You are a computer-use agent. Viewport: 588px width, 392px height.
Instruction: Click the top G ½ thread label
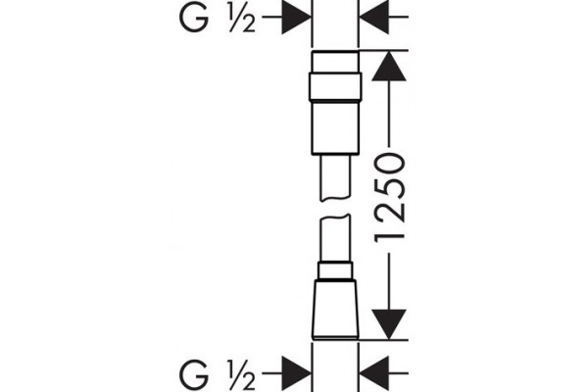coord(218,19)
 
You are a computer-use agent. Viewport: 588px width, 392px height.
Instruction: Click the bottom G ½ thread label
coord(218,375)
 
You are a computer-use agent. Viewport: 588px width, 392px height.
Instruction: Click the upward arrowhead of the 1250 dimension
coord(389,66)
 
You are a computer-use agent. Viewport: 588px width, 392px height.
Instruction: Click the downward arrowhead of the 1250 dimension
coord(389,324)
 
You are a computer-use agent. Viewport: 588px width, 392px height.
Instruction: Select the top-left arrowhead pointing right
coord(297,17)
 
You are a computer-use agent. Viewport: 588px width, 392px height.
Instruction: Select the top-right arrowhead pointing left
coord(374,17)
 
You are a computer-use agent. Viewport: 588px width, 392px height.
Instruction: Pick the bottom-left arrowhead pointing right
coord(297,373)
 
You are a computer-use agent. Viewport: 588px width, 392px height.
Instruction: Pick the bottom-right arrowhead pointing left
coord(374,373)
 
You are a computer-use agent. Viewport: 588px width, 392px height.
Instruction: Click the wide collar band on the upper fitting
coord(335,86)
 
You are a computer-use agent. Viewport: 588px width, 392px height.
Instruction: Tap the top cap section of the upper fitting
coord(335,61)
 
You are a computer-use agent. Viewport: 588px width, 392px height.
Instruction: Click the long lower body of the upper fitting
coord(335,127)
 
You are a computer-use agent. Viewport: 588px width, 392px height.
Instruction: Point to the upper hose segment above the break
coord(335,177)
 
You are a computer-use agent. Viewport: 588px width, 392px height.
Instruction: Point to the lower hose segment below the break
coord(335,238)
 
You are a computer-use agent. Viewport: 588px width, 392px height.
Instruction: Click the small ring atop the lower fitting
coord(335,270)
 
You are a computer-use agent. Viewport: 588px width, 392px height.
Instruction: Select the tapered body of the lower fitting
coord(335,310)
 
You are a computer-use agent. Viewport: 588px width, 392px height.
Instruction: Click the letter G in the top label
coord(194,19)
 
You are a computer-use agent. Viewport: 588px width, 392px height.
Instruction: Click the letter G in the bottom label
coord(194,375)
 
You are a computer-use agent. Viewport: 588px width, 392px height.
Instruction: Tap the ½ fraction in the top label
coord(242,19)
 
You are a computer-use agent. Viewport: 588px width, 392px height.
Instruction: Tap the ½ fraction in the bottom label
coord(242,375)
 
